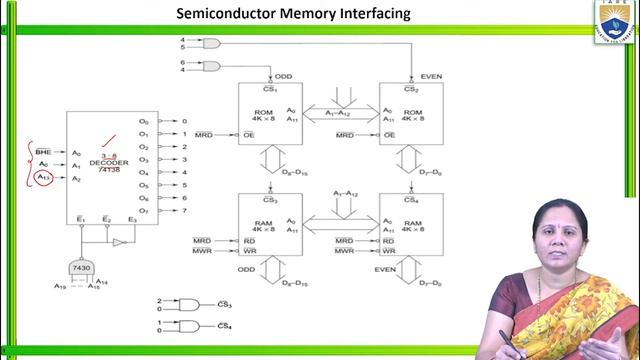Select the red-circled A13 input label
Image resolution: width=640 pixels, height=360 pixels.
42,178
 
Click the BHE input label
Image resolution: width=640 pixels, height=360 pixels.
41,153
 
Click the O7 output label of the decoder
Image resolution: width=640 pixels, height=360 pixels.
143,211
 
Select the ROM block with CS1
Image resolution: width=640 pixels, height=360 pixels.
270,114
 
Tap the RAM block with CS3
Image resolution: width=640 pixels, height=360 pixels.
270,226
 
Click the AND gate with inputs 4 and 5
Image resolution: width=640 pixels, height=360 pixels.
212,44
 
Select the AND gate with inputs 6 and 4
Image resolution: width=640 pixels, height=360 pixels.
212,66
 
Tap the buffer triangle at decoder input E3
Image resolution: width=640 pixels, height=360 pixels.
118,242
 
